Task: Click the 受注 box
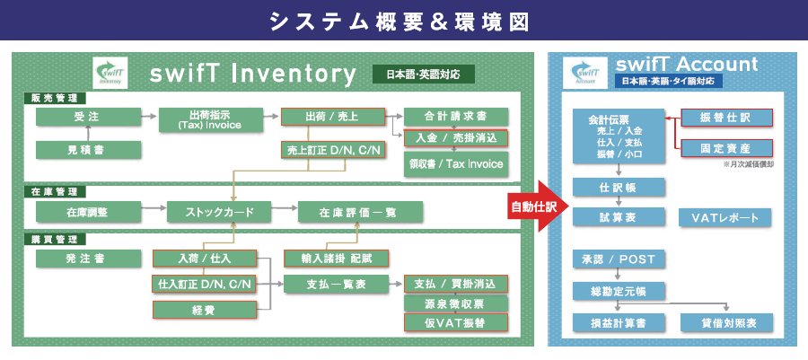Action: (89, 117)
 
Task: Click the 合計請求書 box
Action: (456, 117)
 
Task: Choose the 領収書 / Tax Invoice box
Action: (456, 164)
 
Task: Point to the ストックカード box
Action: (219, 213)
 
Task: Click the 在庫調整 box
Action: (89, 213)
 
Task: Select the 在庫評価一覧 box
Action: (359, 213)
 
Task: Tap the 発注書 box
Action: (89, 259)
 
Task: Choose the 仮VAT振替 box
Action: (456, 322)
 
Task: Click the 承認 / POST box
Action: (619, 260)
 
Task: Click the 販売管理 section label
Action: (55, 97)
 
